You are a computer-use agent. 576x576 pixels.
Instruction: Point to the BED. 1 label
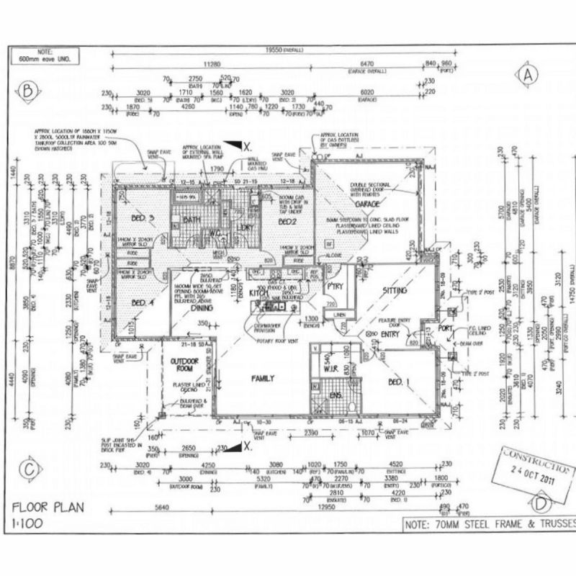[400, 382]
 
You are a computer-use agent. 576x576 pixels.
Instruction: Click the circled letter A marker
[529, 74]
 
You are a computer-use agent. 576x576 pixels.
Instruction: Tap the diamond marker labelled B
[29, 91]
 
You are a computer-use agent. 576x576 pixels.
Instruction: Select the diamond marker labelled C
[29, 469]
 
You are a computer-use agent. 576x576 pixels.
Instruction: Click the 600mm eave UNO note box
[48, 56]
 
